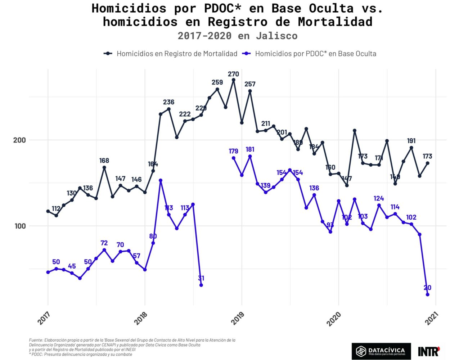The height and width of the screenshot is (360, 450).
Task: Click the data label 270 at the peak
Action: (233, 74)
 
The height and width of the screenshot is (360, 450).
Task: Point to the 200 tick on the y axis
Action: (19, 140)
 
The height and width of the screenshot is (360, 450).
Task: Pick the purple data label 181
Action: (250, 149)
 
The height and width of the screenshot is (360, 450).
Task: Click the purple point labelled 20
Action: (427, 294)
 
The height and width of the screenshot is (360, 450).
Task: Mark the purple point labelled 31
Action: (201, 285)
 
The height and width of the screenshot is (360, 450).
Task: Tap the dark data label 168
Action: (104, 161)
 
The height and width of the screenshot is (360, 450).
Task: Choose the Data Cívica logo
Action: (381, 351)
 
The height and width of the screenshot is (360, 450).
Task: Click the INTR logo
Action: (429, 351)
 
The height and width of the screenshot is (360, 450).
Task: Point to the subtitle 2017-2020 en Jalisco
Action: (237, 36)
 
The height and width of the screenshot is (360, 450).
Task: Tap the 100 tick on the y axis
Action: (19, 226)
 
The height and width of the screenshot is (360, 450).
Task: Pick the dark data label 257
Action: (250, 84)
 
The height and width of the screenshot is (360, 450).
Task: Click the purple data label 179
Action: (233, 151)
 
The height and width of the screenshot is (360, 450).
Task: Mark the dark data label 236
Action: (168, 102)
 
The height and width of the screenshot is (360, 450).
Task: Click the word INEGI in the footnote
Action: (131, 350)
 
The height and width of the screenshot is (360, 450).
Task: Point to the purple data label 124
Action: (379, 198)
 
